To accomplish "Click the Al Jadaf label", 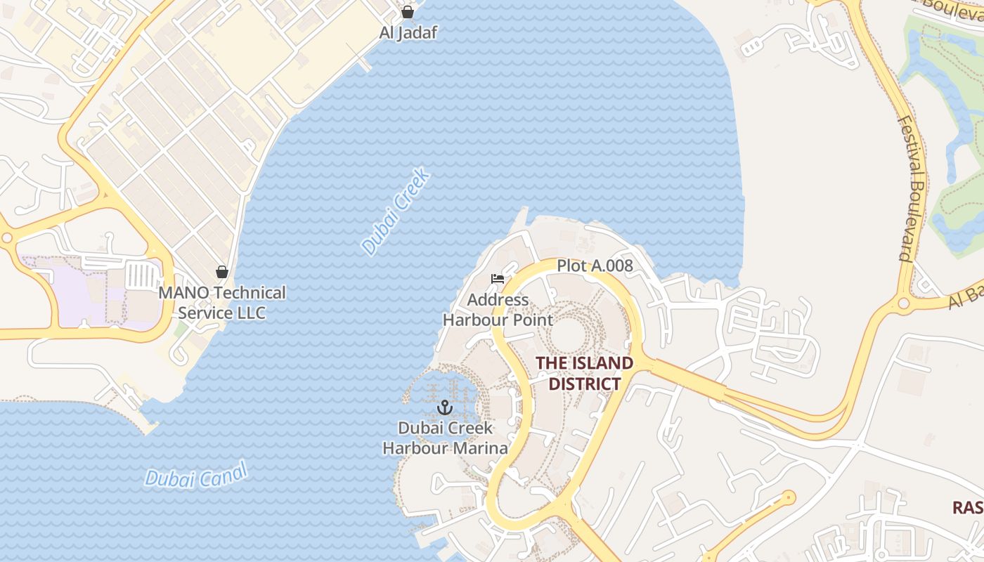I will pyautogui.click(x=408, y=32).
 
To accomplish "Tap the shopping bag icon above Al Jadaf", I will pyautogui.click(x=408, y=12).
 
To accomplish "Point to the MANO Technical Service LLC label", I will pyautogui.click(x=222, y=303).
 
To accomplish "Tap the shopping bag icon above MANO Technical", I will pyautogui.click(x=222, y=272).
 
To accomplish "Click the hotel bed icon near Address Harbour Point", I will pyautogui.click(x=498, y=279).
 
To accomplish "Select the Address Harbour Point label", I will pyautogui.click(x=498, y=310).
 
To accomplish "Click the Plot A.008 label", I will pyautogui.click(x=595, y=266).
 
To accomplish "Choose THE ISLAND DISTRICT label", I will pyautogui.click(x=585, y=373).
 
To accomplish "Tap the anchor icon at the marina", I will pyautogui.click(x=444, y=407).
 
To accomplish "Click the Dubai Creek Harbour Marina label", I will pyautogui.click(x=446, y=438).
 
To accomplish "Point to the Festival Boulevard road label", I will pyautogui.click(x=913, y=188).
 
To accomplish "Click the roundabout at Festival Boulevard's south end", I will pyautogui.click(x=904, y=304).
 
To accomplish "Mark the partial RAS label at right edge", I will pyautogui.click(x=968, y=507).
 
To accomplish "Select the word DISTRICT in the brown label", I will pyautogui.click(x=585, y=384).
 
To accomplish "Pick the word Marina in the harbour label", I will pyautogui.click(x=484, y=448).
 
